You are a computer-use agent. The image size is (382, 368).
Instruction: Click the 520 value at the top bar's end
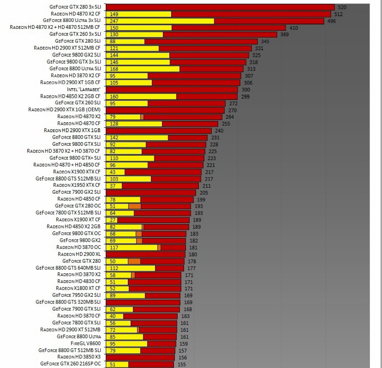(x=342, y=7)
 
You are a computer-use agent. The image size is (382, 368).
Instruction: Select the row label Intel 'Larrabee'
(x=84, y=90)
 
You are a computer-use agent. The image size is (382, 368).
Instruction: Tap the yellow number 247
(x=114, y=21)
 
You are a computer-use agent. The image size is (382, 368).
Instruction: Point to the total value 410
(x=293, y=28)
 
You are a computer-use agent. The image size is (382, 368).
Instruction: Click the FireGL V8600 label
(x=85, y=343)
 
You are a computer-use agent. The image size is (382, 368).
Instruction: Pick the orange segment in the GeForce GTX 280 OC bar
(x=135, y=206)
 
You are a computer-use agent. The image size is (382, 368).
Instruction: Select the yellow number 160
(x=114, y=97)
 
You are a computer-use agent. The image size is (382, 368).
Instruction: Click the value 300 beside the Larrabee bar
(x=246, y=90)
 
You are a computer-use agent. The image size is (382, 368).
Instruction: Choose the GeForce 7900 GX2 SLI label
(x=76, y=192)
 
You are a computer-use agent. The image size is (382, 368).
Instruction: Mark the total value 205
(x=203, y=193)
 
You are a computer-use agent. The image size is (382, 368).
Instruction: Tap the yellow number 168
(x=114, y=69)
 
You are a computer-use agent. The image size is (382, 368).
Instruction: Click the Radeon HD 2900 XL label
(x=79, y=254)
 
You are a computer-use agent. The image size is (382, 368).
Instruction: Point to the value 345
(x=265, y=41)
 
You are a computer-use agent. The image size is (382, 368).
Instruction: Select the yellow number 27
(x=113, y=220)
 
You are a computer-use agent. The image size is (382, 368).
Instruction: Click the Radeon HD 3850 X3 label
(x=79, y=357)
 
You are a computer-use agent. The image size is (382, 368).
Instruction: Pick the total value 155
(x=182, y=364)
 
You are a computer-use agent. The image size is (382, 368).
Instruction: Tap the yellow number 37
(x=113, y=186)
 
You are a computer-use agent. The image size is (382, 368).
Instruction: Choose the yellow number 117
(x=114, y=248)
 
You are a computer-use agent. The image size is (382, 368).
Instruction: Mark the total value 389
(x=284, y=34)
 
